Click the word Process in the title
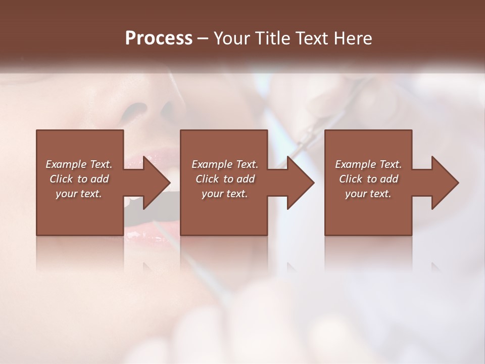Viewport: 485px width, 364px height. click(159, 38)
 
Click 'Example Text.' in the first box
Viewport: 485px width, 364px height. click(79, 164)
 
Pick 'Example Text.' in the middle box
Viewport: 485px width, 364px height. click(225, 164)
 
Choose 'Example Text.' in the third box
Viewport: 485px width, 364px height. click(368, 164)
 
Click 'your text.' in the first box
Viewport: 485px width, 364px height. click(79, 194)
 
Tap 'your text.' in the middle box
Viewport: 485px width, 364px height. click(225, 194)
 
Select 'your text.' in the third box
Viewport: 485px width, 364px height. click(368, 194)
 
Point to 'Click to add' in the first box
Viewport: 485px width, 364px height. click(79, 179)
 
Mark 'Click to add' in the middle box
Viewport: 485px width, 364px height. click(225, 179)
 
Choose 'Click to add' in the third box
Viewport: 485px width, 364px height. click(368, 179)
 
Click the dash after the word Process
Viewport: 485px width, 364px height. click(202, 39)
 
